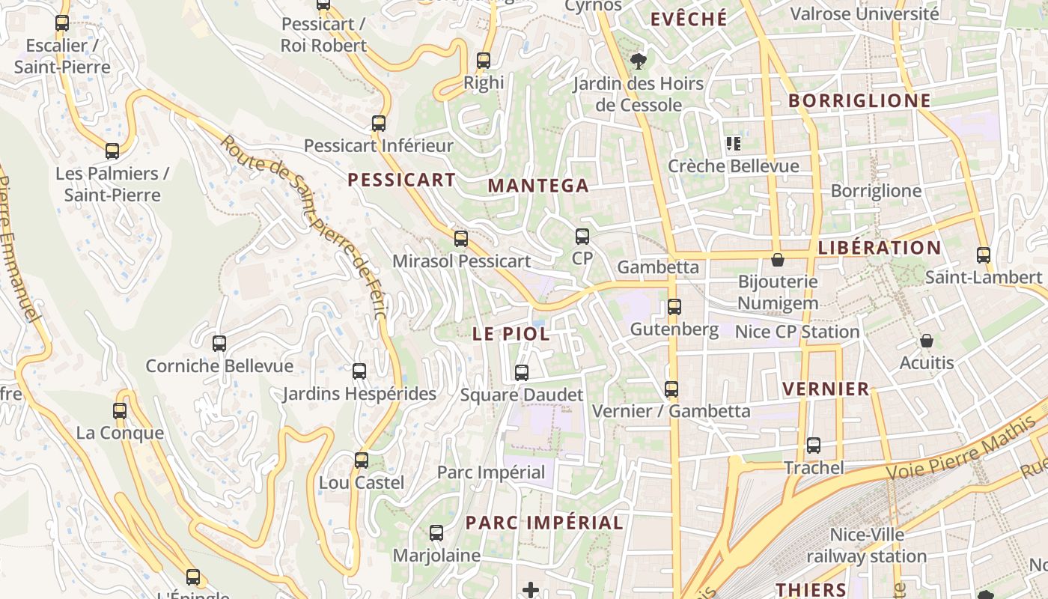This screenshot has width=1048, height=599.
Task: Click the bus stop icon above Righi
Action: point(484,61)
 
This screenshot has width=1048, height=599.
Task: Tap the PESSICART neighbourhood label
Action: point(401,180)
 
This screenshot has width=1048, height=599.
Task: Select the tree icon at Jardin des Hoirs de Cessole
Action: point(638,61)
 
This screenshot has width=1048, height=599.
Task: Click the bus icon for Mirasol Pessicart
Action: point(461,239)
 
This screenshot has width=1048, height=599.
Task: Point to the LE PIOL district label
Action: point(511,334)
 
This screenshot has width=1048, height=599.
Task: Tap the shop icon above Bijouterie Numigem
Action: point(778,260)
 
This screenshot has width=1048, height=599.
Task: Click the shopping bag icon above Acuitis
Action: point(927,341)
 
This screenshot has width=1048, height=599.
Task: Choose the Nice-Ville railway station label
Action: point(867,546)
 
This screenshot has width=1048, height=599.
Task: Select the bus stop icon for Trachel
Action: point(814,446)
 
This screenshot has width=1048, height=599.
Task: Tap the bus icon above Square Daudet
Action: point(522,372)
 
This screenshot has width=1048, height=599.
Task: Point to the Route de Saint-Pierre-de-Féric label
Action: point(304,225)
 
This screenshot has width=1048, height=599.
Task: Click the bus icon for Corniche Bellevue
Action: point(219,344)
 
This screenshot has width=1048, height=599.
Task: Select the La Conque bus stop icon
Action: point(120,410)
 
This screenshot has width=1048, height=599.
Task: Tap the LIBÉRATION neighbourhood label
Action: point(880,248)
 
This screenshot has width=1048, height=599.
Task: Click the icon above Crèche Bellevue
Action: point(733,143)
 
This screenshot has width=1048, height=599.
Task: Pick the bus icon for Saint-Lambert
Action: point(984,255)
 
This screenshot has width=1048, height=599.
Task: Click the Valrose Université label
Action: point(864,13)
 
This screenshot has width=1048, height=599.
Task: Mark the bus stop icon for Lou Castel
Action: point(362,460)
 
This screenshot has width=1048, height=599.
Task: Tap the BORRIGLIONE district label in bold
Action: point(859,101)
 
